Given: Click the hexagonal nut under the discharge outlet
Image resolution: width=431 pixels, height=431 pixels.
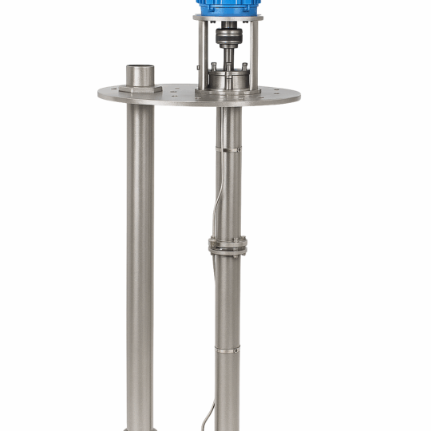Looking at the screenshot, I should click(140, 88).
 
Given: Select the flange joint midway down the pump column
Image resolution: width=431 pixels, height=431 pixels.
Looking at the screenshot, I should click(228, 245).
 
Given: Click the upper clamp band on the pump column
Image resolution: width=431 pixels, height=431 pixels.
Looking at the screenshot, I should click(229, 148).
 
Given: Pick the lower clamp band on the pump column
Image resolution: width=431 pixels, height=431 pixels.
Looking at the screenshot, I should click(228, 348).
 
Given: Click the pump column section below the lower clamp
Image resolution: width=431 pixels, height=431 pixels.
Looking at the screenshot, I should click(228, 391).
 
